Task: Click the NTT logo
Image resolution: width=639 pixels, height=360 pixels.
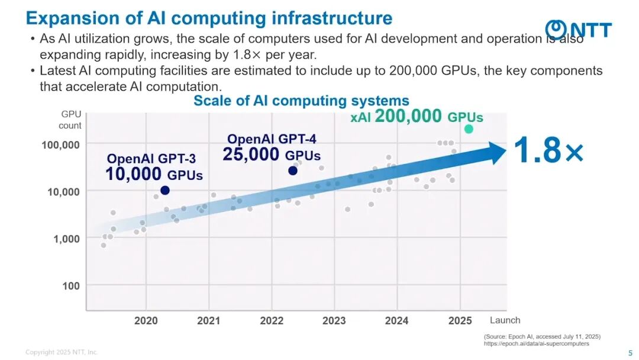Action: pos(579,29)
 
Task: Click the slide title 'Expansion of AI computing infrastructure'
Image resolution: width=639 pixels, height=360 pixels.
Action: pos(209,18)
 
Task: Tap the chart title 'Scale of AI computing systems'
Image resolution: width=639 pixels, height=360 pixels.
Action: pos(301,101)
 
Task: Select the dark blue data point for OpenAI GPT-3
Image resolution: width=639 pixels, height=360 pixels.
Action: pos(165,190)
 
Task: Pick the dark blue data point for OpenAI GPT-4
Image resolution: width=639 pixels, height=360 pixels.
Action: pos(292,171)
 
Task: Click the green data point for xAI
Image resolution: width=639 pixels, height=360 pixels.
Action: pos(469,129)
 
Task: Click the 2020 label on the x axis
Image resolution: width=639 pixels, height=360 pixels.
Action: pos(146,321)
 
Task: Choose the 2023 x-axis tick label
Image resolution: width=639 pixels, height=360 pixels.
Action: pos(334,321)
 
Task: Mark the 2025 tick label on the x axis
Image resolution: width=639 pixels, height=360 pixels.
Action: pos(460,321)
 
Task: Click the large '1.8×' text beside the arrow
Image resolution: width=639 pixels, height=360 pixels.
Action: pos(548,150)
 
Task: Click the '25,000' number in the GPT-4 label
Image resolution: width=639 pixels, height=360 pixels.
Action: pos(251,155)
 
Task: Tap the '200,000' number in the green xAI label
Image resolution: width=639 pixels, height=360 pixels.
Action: pos(408,116)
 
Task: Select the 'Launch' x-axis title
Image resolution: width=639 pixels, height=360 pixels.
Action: pos(505,320)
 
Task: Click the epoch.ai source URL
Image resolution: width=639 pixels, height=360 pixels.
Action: pos(536,343)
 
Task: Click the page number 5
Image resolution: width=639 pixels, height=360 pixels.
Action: pos(630,353)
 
